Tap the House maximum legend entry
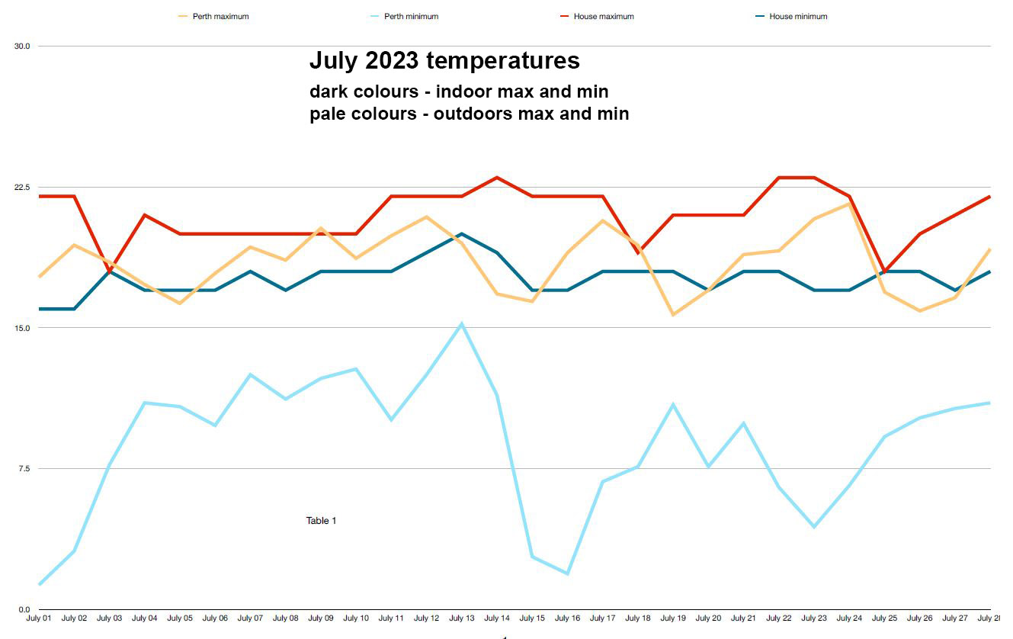(603, 16)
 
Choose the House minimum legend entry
(797, 16)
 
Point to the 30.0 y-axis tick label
(22, 46)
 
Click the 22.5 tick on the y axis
(22, 187)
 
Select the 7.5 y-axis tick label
(22, 468)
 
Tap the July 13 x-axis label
(461, 618)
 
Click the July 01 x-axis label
(39, 618)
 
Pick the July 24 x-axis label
(848, 618)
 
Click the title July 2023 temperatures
(444, 60)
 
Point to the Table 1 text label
(321, 521)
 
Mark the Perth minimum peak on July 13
(461, 324)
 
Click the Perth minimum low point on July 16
(567, 573)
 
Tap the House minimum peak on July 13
(461, 234)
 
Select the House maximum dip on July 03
(110, 271)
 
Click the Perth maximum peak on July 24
(848, 204)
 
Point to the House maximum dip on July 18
(638, 252)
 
